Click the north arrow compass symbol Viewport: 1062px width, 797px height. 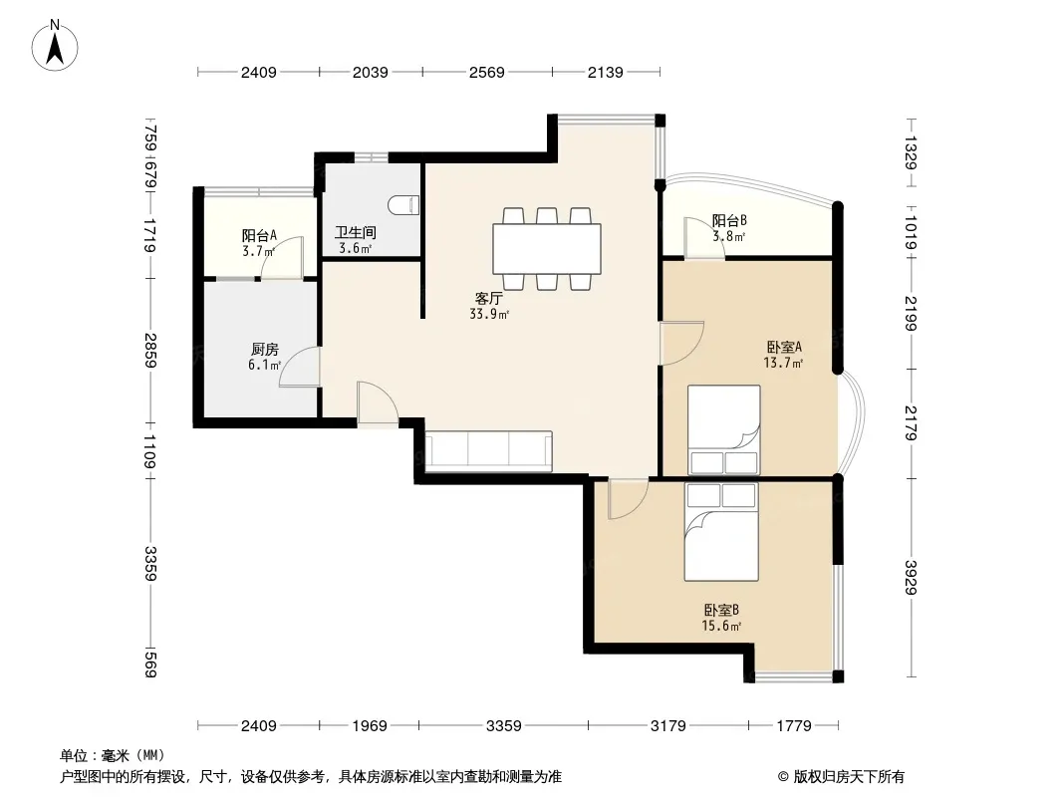coord(55,45)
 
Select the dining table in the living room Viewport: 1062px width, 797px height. coord(547,248)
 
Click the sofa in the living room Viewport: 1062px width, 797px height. coord(487,450)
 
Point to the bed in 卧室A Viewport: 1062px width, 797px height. coord(724,430)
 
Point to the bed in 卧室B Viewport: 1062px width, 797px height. coord(721,532)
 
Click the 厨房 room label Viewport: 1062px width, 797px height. coord(264,350)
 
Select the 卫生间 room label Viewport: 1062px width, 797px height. coord(356,232)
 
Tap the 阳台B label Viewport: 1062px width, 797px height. coord(729,220)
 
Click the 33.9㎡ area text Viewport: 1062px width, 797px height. coord(489,314)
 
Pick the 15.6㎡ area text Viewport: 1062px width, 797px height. coord(721,626)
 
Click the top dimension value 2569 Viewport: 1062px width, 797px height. coord(487,72)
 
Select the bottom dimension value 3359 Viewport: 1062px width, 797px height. coord(504,726)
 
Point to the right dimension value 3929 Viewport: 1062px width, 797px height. coord(911,578)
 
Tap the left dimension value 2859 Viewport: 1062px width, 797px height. coord(150,351)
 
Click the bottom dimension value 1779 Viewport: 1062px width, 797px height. coord(794,726)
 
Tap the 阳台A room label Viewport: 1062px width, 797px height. coord(259,236)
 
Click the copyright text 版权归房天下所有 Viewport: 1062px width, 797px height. coord(849,777)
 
